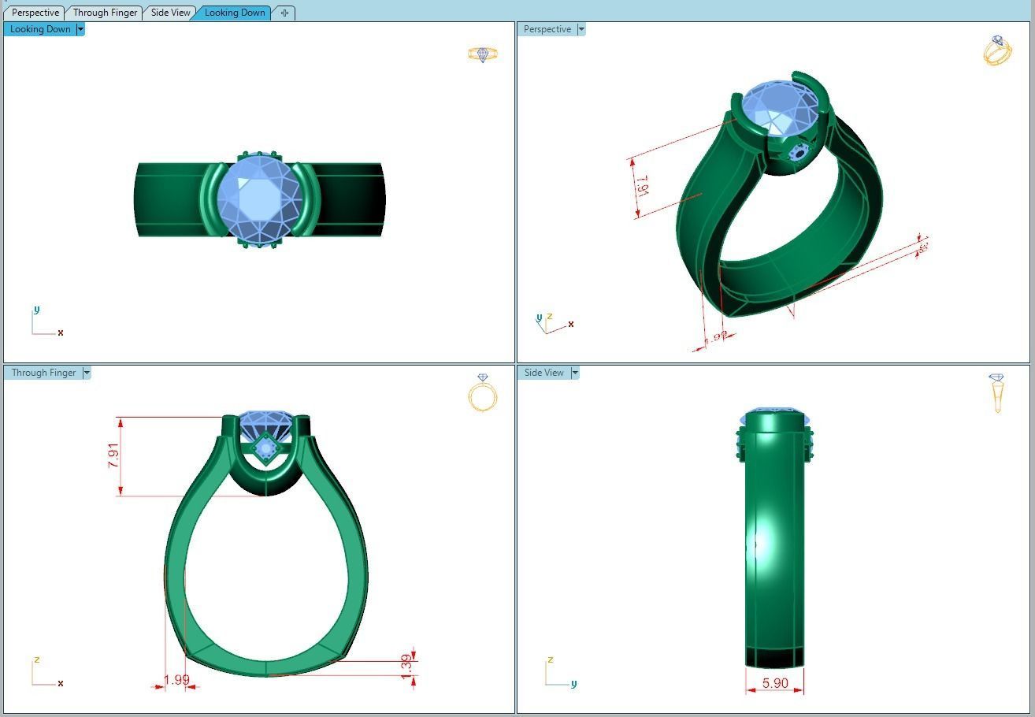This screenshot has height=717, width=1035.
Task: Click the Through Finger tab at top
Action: tap(105, 13)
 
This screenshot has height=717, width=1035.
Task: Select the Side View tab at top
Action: tap(171, 13)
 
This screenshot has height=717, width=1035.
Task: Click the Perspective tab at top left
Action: tap(35, 13)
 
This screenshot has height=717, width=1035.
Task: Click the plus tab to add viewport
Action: tap(284, 13)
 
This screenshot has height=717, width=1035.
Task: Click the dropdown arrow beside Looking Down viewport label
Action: tap(80, 29)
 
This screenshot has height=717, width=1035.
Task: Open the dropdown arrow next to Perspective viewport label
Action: tap(581, 29)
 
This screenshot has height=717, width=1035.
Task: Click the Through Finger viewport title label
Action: tap(43, 373)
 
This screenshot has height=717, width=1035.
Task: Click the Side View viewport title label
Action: tap(544, 373)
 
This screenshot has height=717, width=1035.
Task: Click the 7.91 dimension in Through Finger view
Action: tap(114, 455)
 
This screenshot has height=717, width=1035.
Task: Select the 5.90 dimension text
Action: tap(775, 683)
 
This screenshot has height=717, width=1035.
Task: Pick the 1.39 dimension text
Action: tap(406, 664)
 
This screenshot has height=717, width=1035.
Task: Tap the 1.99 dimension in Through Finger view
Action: tap(176, 680)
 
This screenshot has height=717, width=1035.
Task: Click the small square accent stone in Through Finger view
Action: tap(265, 448)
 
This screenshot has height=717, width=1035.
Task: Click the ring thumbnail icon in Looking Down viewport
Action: tap(482, 54)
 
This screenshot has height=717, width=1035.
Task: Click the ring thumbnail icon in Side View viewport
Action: tap(996, 391)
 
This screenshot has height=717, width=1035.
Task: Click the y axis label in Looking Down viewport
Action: tap(36, 310)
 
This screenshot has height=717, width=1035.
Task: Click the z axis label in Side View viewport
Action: tap(550, 659)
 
